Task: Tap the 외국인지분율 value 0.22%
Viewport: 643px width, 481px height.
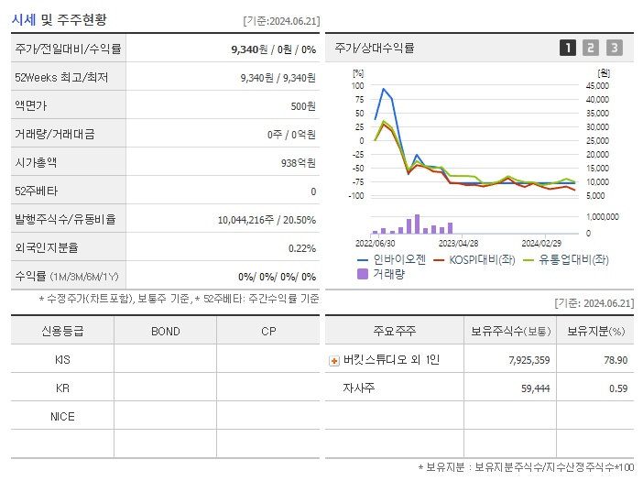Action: point(301,247)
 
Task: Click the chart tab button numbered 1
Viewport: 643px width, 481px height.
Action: point(568,48)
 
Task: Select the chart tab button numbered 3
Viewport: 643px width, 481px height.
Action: point(614,48)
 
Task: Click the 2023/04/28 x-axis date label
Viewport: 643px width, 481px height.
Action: point(459,244)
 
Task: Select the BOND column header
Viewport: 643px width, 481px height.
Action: point(166,331)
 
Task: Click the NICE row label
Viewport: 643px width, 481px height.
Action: point(62,416)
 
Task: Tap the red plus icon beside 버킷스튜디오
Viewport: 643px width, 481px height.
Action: point(334,360)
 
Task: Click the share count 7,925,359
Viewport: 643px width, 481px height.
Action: point(529,360)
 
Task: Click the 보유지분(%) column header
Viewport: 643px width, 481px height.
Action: point(594,331)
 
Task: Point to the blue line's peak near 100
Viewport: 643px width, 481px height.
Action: point(383,89)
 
